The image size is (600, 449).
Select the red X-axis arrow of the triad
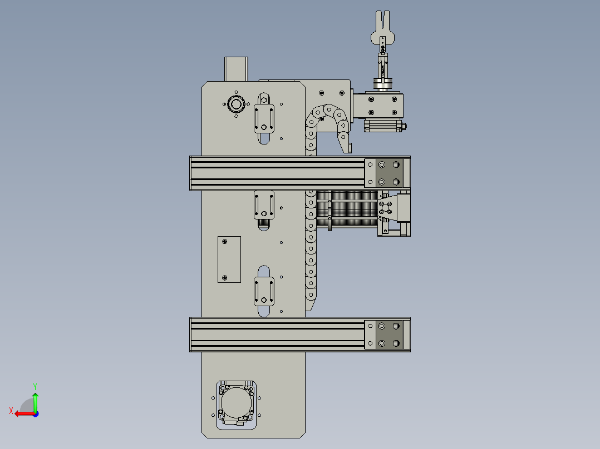click(23, 413)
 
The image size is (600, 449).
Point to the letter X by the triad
click(11, 411)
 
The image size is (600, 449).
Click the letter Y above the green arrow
click(35, 386)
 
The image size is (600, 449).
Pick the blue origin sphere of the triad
click(35, 413)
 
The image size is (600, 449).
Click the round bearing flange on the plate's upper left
click(235, 104)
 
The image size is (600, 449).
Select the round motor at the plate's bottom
click(236, 402)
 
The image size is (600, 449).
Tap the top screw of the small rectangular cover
click(225, 242)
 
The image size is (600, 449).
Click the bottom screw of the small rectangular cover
click(225, 277)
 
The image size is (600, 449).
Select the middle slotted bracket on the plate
click(264, 205)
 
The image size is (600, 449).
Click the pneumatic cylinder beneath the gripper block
click(384, 126)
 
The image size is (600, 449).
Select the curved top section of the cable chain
click(328, 114)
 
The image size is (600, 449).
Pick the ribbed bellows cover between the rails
click(348, 209)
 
